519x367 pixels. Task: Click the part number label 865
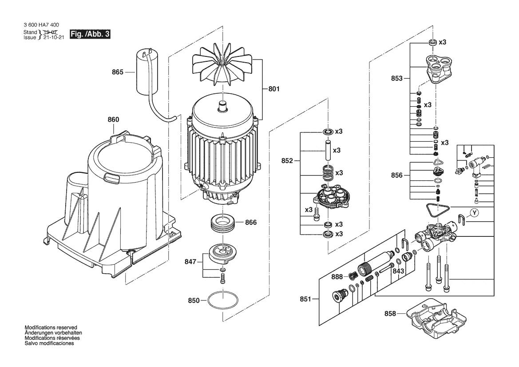coord(118,72)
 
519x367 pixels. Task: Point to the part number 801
coord(274,89)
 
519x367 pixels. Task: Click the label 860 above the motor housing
coord(113,120)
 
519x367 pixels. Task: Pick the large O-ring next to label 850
coord(223,300)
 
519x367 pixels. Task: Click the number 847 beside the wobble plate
coord(190,262)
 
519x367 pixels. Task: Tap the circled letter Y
coord(475,213)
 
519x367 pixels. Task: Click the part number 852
coord(287,161)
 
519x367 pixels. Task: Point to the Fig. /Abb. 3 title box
coord(90,34)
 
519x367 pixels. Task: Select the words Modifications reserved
coord(51,327)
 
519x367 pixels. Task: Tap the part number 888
coord(337,276)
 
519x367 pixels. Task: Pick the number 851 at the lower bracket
coord(305,299)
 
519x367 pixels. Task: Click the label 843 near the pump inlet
coord(398,271)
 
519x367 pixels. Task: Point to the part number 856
coord(396,176)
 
